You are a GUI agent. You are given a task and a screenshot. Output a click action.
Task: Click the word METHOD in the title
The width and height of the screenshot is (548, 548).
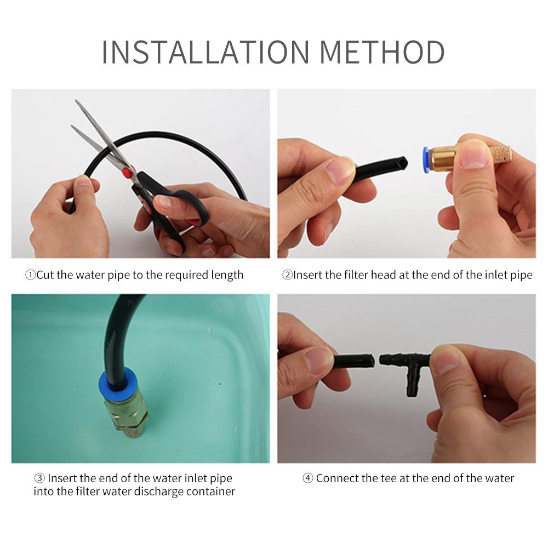[381, 52]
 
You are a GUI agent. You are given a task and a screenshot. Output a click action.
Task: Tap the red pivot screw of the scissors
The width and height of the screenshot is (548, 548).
[128, 173]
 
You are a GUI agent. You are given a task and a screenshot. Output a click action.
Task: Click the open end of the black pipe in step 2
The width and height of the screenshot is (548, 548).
[403, 163]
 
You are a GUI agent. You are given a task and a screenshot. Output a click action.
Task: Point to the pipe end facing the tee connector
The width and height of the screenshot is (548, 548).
[370, 361]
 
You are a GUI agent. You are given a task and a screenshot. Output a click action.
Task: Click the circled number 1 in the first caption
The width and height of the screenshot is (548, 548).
[31, 275]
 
